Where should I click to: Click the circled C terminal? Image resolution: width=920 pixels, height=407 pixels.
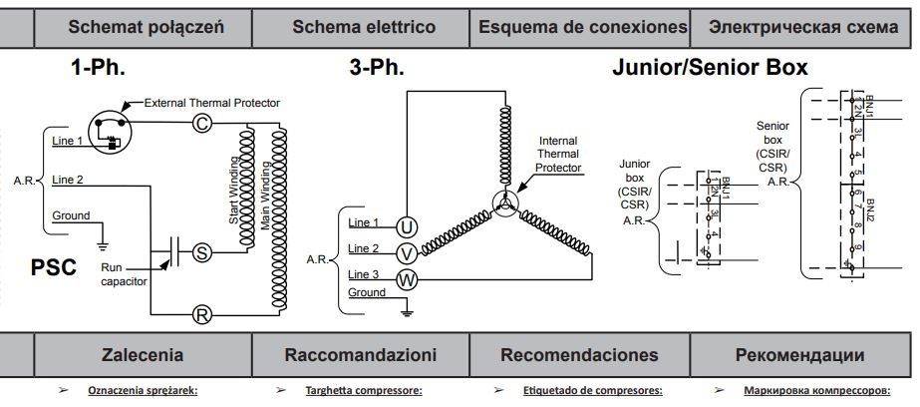200,123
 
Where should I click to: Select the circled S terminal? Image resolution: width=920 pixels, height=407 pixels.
201,252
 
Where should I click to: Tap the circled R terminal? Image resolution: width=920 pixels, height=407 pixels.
201,315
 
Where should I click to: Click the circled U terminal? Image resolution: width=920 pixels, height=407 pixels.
407,225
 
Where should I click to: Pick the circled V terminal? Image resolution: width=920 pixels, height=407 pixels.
407,252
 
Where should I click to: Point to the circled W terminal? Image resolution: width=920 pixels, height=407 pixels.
407,279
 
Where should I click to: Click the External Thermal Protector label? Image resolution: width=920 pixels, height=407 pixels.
211,103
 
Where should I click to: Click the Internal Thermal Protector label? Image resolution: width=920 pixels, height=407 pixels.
557,154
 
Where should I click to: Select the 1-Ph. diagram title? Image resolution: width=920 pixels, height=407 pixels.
98,70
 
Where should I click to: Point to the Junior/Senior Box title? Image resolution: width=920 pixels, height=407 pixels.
709,70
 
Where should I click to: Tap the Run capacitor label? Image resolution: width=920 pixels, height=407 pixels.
124,274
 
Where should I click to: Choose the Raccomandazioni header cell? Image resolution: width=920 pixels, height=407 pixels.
360,354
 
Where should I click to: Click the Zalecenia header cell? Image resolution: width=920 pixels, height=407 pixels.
143,354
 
